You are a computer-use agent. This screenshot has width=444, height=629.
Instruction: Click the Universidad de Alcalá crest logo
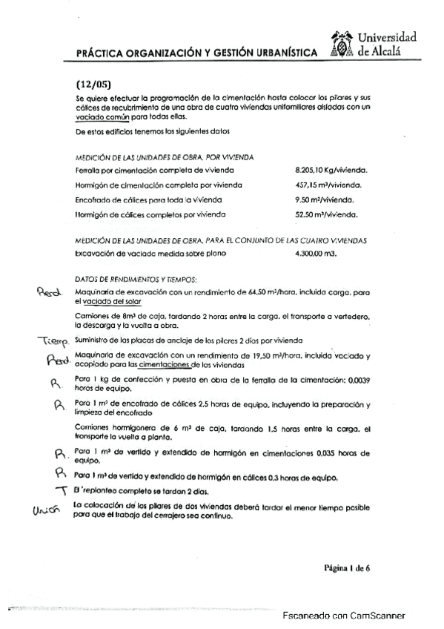coord(341,45)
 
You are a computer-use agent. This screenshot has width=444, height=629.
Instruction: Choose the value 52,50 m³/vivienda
coord(326,214)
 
